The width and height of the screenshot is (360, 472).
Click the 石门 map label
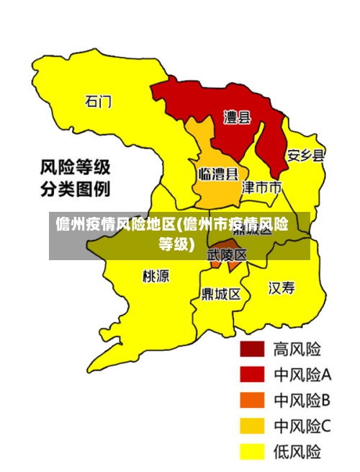pos(99,102)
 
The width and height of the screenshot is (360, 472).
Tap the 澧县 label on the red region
pos(236,117)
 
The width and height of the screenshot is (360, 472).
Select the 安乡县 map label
pos(306,155)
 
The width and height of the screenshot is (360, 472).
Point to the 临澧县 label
pos(217,174)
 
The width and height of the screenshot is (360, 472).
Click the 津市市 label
pos(261,188)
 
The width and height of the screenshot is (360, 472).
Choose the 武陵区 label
pos(227,255)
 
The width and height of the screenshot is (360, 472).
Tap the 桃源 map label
pos(156,275)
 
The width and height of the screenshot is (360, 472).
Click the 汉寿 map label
pos(282,288)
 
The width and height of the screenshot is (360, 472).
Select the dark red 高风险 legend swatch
pos(252,349)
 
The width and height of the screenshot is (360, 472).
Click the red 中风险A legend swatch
pos(252,375)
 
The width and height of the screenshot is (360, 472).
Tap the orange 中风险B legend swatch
pos(252,400)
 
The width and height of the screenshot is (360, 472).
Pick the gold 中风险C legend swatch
pos(252,426)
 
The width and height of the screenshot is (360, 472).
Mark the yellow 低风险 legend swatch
pos(252,451)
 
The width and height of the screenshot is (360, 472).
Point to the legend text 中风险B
pos(302,400)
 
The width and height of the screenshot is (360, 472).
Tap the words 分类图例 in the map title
pos(75,190)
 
